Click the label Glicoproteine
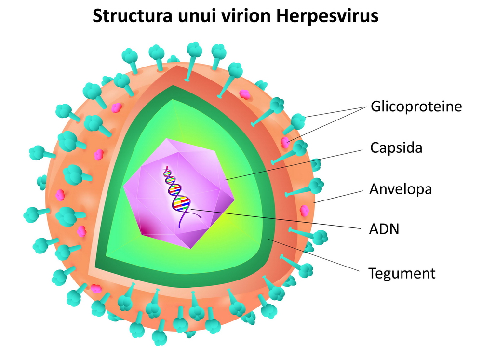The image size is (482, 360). tap(416, 107)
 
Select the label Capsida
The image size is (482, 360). tap(396, 147)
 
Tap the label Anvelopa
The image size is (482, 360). tap(401, 189)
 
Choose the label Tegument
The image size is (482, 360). tap(402, 273)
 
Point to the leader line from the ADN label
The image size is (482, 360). tap(275, 219)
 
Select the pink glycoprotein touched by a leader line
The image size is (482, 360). tap(286, 142)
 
